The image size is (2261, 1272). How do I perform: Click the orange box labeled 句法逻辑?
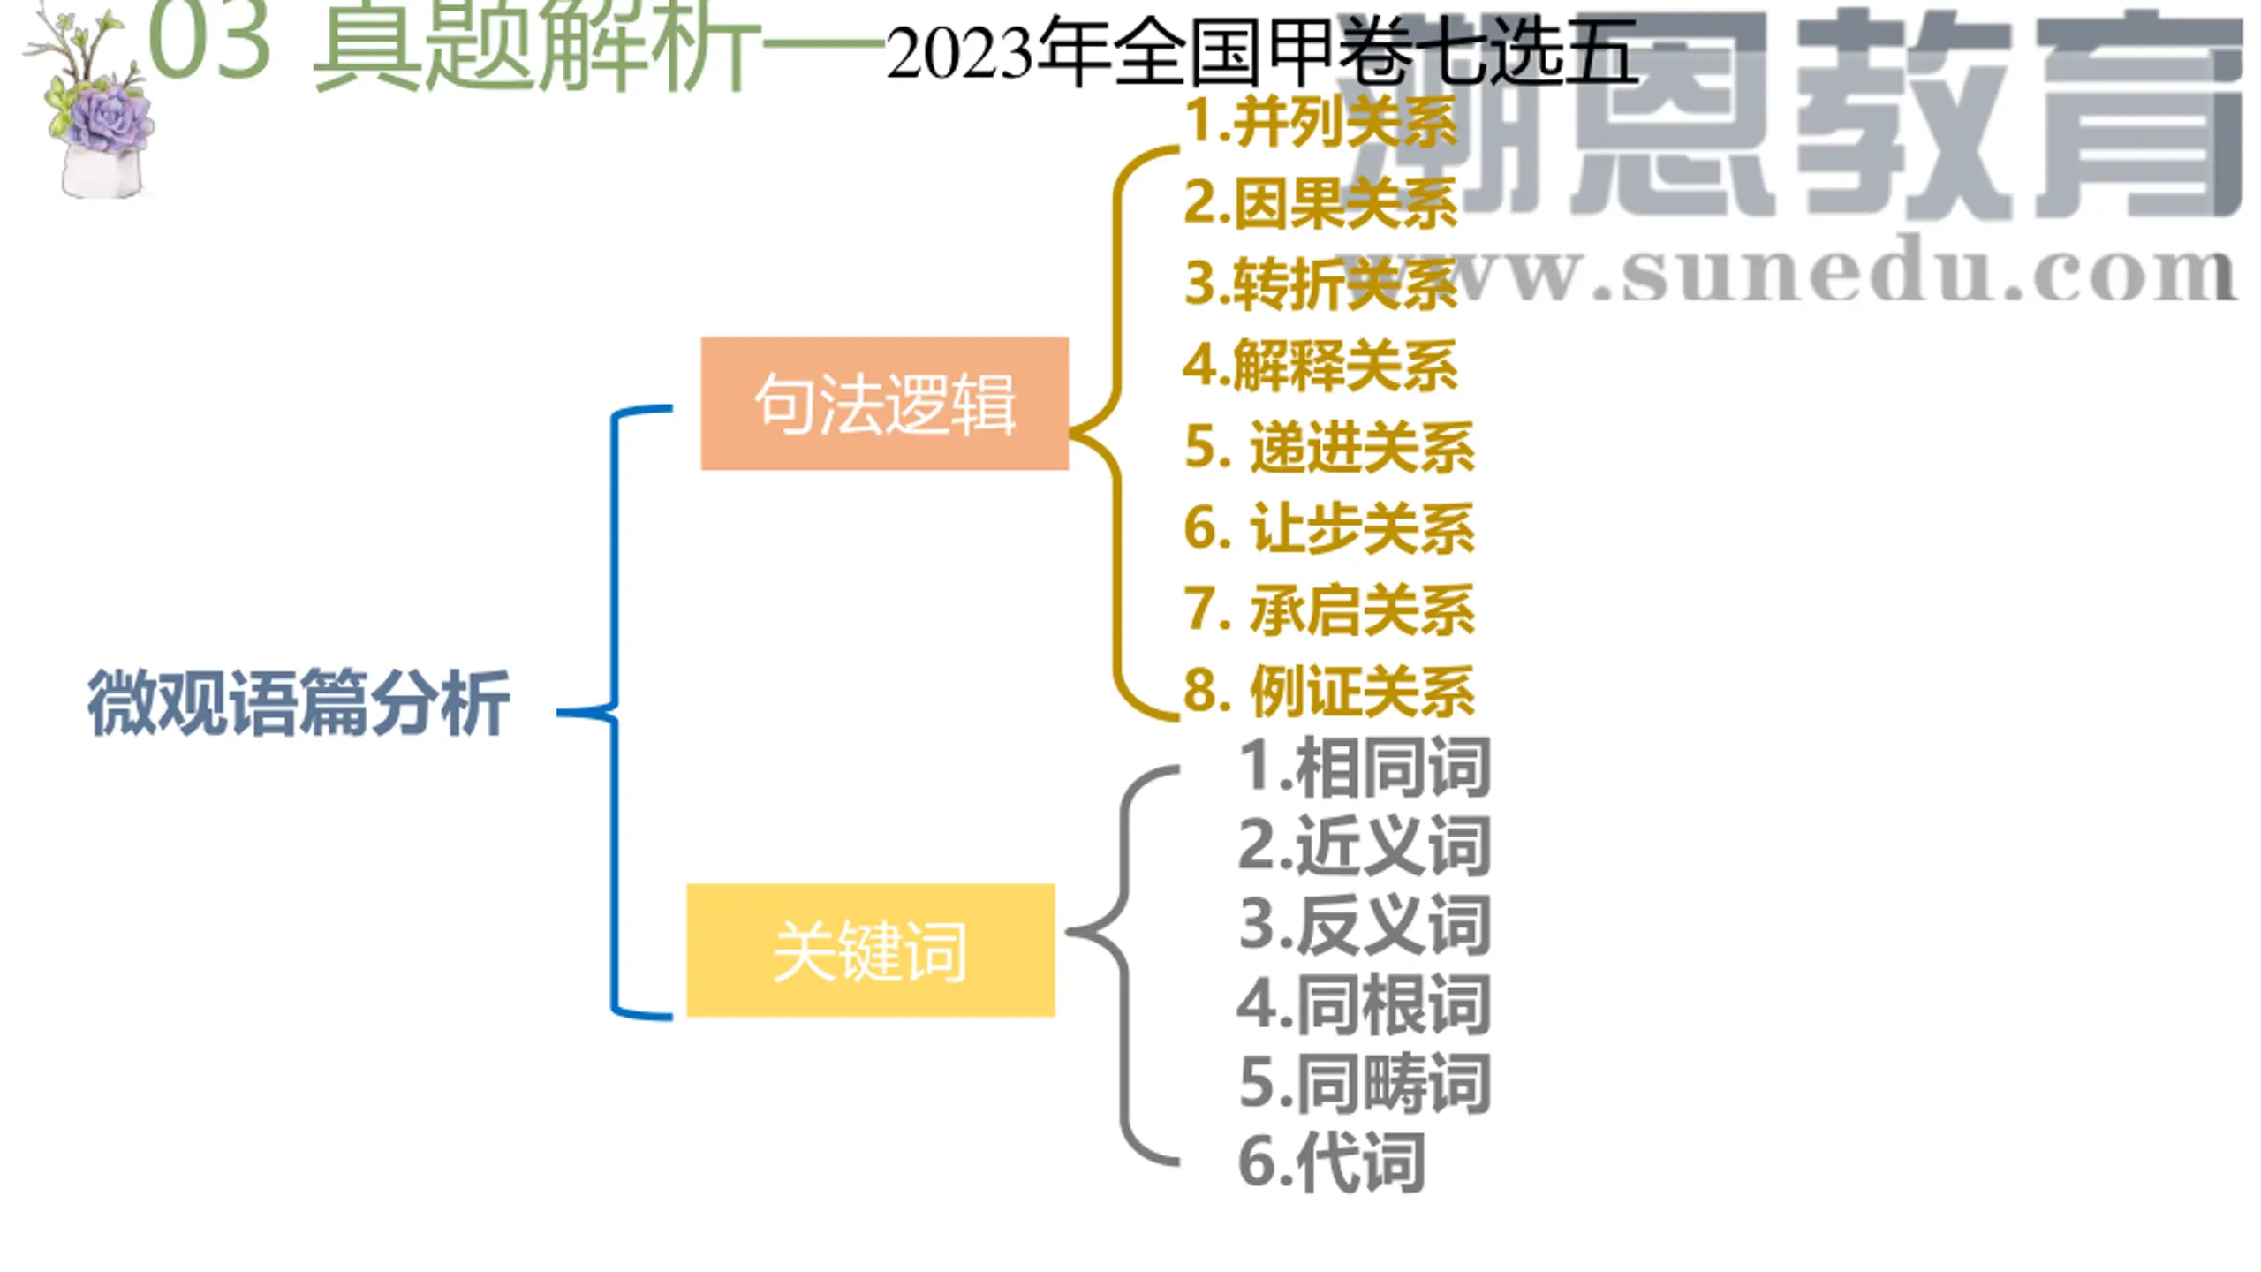pyautogui.click(x=884, y=404)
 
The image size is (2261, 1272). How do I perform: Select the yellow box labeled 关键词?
pyautogui.click(x=870, y=950)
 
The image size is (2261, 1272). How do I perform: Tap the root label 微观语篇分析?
pyautogui.click(x=299, y=703)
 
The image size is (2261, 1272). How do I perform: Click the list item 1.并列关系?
pyautogui.click(x=1320, y=121)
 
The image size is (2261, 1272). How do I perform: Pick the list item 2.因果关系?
pyautogui.click(x=1320, y=203)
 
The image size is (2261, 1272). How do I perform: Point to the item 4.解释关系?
pyautogui.click(x=1320, y=365)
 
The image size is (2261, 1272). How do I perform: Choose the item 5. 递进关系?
pyautogui.click(x=1328, y=447)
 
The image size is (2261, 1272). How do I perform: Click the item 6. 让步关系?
pyautogui.click(x=1328, y=528)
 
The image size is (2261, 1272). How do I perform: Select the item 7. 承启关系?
pyautogui.click(x=1328, y=609)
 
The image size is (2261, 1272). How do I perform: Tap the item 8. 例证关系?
pyautogui.click(x=1328, y=691)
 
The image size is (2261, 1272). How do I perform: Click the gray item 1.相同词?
pyautogui.click(x=1365, y=766)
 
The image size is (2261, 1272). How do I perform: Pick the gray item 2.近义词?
pyautogui.click(x=1365, y=845)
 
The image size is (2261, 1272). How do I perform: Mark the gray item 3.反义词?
pyautogui.click(x=1365, y=925)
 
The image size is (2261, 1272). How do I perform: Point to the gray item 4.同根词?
pyautogui.click(x=1365, y=1004)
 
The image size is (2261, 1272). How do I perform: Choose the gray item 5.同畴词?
pyautogui.click(x=1365, y=1083)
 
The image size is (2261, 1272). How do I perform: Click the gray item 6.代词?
pyautogui.click(x=1332, y=1162)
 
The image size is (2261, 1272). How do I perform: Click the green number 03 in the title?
pyautogui.click(x=209, y=40)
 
